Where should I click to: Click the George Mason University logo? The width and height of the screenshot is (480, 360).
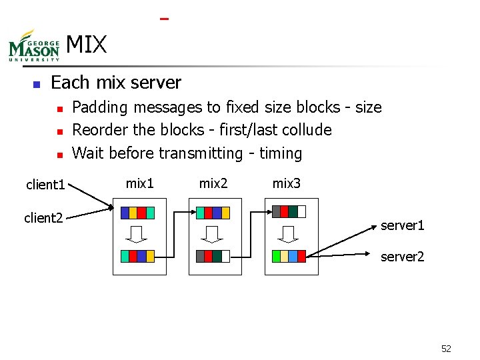[x=34, y=46]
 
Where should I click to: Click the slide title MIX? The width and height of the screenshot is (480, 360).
[x=87, y=45]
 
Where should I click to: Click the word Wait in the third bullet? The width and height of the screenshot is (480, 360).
[x=87, y=153]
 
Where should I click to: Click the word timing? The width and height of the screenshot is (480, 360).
[x=280, y=154]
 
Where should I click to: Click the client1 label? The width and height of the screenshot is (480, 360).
[x=45, y=185]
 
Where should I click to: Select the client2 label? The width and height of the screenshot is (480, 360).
[x=43, y=218]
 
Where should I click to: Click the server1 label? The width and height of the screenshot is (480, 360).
[x=402, y=226]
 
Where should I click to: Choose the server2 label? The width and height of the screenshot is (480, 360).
[x=402, y=257]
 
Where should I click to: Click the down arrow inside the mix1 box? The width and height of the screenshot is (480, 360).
[x=138, y=234]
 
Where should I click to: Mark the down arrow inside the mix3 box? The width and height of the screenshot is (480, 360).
[x=289, y=234]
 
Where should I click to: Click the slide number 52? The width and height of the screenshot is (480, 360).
[x=446, y=349]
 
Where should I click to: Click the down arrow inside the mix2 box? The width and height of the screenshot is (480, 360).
[x=213, y=234]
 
